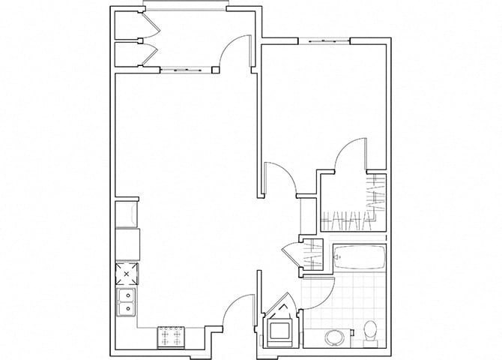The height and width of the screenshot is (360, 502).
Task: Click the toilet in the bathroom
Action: click(x=369, y=331)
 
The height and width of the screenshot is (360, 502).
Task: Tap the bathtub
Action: click(x=358, y=258)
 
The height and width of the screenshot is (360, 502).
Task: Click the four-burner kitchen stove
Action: click(x=171, y=337)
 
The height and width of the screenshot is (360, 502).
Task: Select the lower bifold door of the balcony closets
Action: click(x=150, y=55)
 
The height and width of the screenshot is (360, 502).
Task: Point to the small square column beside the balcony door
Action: click(x=216, y=70)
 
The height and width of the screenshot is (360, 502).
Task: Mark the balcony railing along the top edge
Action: click(x=187, y=7)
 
